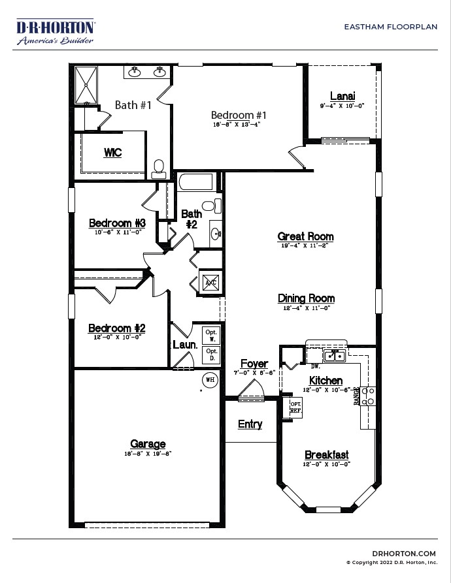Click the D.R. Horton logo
coord(56,31)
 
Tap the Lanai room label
coord(342,97)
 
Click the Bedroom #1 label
coord(239,115)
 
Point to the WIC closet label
coord(112,153)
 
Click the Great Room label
coord(305,236)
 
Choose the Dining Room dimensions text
coord(306,307)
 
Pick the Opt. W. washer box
coord(211,335)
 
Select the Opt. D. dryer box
coord(211,355)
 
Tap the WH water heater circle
coord(210,379)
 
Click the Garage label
coord(148,445)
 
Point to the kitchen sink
coord(335,356)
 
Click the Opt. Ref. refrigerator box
coord(295,408)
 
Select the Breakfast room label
coord(327,455)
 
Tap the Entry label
coord(250,424)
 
